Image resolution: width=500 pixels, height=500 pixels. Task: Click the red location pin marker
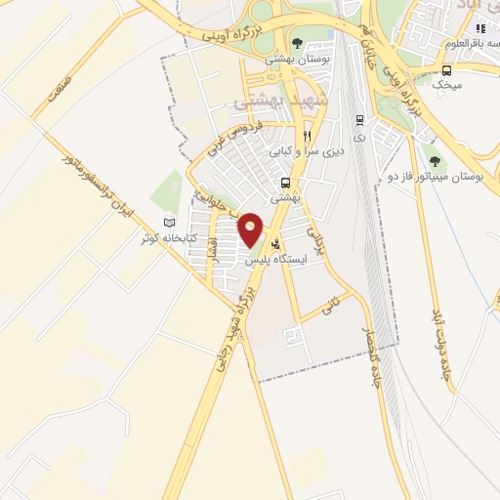[x=251, y=229]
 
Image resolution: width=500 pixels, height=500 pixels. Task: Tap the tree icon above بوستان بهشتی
[x=298, y=43]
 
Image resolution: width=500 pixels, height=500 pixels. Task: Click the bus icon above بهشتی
[x=285, y=183]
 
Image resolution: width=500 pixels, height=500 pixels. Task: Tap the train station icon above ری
[x=359, y=120]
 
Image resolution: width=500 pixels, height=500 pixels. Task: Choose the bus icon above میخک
[x=447, y=70]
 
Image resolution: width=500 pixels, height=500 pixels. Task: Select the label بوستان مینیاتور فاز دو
[x=444, y=176]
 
